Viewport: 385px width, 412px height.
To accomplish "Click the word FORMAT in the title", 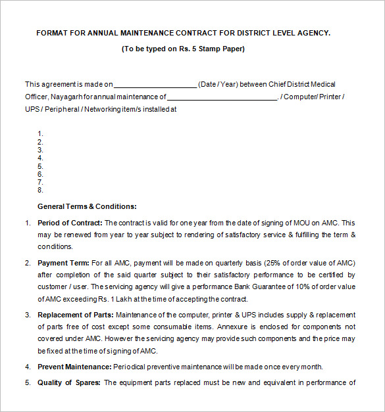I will (x=51, y=32).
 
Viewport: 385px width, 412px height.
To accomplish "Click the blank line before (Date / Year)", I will (x=156, y=85).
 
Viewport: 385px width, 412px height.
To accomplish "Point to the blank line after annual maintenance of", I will (x=223, y=97).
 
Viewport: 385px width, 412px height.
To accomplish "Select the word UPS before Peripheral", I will (x=32, y=110).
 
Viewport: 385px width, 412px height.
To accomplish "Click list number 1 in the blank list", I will (x=41, y=133).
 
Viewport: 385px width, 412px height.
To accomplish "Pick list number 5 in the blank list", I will (x=41, y=166).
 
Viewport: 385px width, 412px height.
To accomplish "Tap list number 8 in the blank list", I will (x=41, y=190).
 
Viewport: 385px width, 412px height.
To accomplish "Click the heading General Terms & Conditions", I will (x=87, y=206).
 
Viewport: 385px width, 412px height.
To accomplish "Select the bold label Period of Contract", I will (x=70, y=223).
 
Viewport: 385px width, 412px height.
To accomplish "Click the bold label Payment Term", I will (x=63, y=262).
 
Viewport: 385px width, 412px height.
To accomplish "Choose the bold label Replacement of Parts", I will (x=75, y=315).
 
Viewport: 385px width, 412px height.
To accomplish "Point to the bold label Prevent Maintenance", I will (x=74, y=366).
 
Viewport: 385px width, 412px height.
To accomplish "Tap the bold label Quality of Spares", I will (x=68, y=382).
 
